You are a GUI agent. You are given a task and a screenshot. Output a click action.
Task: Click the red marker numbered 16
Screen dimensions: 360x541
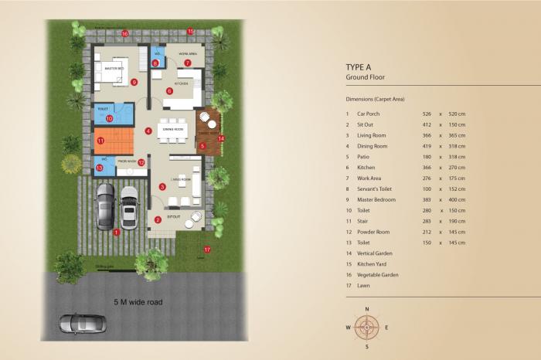click(x=124, y=33)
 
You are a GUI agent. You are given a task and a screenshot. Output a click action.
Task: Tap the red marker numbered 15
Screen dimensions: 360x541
click(x=191, y=32)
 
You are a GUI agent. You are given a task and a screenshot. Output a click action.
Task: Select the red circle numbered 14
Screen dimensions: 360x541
click(x=221, y=138)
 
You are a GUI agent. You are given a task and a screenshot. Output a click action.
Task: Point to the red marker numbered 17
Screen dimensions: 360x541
click(x=207, y=250)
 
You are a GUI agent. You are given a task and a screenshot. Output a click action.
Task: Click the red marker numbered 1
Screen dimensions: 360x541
click(x=117, y=231)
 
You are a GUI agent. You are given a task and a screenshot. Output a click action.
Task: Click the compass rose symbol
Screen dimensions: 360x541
click(x=367, y=327)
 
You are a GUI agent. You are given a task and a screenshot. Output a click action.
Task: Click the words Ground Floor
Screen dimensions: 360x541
click(x=366, y=78)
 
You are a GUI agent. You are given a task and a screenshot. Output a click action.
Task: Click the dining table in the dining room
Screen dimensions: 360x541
click(x=172, y=130)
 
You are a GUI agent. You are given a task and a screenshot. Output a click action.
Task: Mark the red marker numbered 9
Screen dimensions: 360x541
click(x=134, y=82)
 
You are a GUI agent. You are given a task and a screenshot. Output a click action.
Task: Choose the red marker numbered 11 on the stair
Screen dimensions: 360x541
click(x=100, y=141)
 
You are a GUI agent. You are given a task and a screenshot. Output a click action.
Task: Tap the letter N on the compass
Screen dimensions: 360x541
click(x=367, y=308)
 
